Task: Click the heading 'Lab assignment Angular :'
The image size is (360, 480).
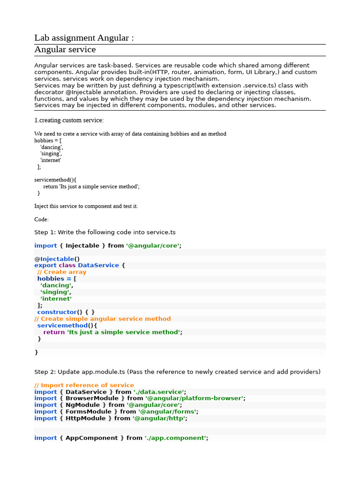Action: point(84,38)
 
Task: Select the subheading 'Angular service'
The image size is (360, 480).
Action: point(65,50)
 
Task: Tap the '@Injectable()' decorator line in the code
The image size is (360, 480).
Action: point(57,259)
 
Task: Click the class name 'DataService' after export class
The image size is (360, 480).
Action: point(98,265)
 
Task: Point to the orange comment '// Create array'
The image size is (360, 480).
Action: point(62,272)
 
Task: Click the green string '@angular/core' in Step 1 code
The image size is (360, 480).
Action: point(153,246)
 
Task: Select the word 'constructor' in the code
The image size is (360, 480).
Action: point(57,312)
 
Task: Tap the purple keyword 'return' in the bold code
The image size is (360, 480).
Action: point(54,332)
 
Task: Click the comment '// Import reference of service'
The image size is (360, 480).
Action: point(84,385)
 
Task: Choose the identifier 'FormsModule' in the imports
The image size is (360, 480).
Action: point(89,412)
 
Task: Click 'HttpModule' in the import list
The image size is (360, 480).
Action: point(85,418)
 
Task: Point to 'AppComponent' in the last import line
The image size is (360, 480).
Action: point(91,438)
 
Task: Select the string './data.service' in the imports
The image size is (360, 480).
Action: point(159,392)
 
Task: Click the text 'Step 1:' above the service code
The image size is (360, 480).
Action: point(45,232)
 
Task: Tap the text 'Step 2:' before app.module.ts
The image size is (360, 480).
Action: point(45,372)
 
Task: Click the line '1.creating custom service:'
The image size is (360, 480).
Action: point(69,120)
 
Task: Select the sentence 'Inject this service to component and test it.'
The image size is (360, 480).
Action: point(86,206)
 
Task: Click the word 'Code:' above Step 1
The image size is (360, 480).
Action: point(41,219)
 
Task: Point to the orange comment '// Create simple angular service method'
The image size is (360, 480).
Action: point(103,319)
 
